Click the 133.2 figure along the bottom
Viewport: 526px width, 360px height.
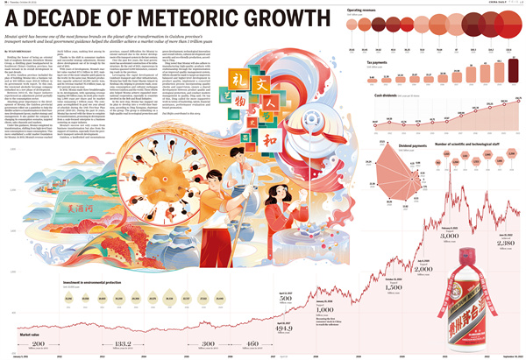[x=123, y=344]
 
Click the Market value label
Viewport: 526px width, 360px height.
[x=29, y=332]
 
